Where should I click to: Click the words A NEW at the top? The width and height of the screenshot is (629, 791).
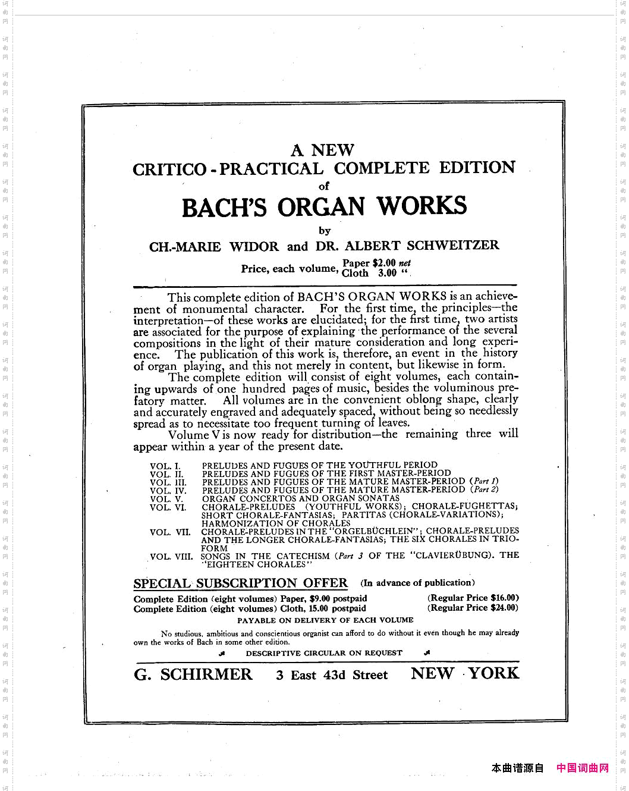(323, 150)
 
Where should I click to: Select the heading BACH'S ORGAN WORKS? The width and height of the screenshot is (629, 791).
(324, 207)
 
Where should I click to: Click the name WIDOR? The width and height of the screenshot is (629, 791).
(254, 247)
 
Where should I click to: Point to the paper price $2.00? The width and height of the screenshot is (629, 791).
(384, 263)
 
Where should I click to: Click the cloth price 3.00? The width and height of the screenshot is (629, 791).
(387, 273)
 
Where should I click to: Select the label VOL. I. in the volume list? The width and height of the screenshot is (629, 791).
(165, 466)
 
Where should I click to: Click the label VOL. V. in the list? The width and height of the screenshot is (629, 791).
(166, 499)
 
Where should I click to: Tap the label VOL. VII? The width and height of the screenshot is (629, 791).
(170, 532)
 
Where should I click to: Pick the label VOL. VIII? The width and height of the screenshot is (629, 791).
(171, 557)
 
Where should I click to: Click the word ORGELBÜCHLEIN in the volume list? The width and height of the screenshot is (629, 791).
(373, 531)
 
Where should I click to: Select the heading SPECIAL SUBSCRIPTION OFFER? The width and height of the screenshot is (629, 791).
(240, 583)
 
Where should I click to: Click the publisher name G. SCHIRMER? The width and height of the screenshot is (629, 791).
(193, 674)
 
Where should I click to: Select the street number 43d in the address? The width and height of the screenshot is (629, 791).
(334, 675)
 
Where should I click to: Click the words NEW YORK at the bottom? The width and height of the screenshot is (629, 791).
(465, 673)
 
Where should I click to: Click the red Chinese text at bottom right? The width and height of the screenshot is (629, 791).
(582, 768)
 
